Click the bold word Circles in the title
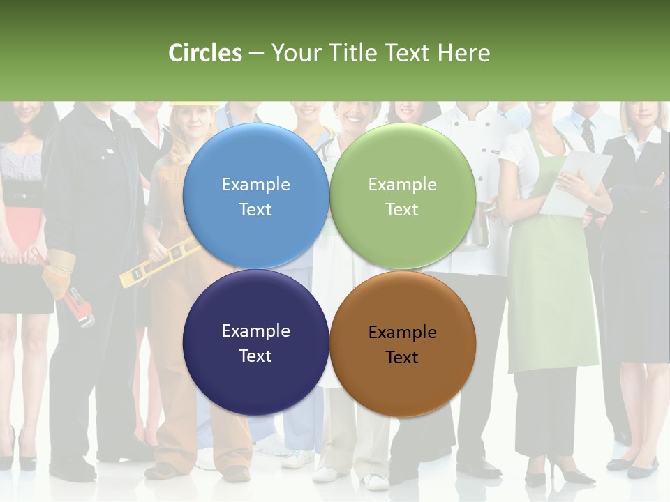coord(205,53)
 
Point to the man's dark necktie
coord(588,135)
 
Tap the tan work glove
coord(59,272)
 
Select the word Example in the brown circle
coord(402,333)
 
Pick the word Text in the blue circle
coord(255,209)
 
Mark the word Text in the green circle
coord(402,209)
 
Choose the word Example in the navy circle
coord(255,330)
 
